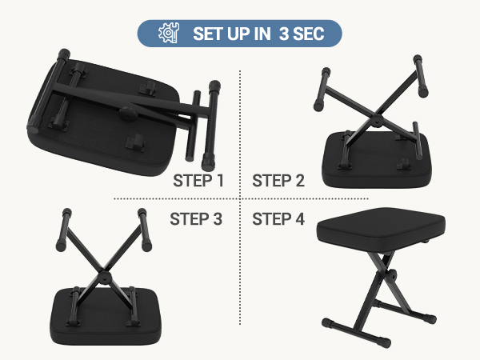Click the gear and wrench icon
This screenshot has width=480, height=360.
[x=169, y=33]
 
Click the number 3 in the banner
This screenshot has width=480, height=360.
[x=284, y=34]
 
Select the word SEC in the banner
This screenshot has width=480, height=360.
[x=309, y=34]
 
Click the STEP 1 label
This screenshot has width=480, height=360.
[x=198, y=181]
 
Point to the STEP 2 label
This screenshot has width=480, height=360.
[x=278, y=181]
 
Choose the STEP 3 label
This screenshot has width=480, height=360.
[x=196, y=219]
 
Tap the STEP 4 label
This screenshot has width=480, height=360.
[x=278, y=219]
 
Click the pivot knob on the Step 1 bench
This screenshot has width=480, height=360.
[x=129, y=114]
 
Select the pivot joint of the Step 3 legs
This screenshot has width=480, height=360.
[x=105, y=278]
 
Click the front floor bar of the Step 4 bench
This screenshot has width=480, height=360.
[x=357, y=333]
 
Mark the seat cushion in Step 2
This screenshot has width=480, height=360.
[x=377, y=161]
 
